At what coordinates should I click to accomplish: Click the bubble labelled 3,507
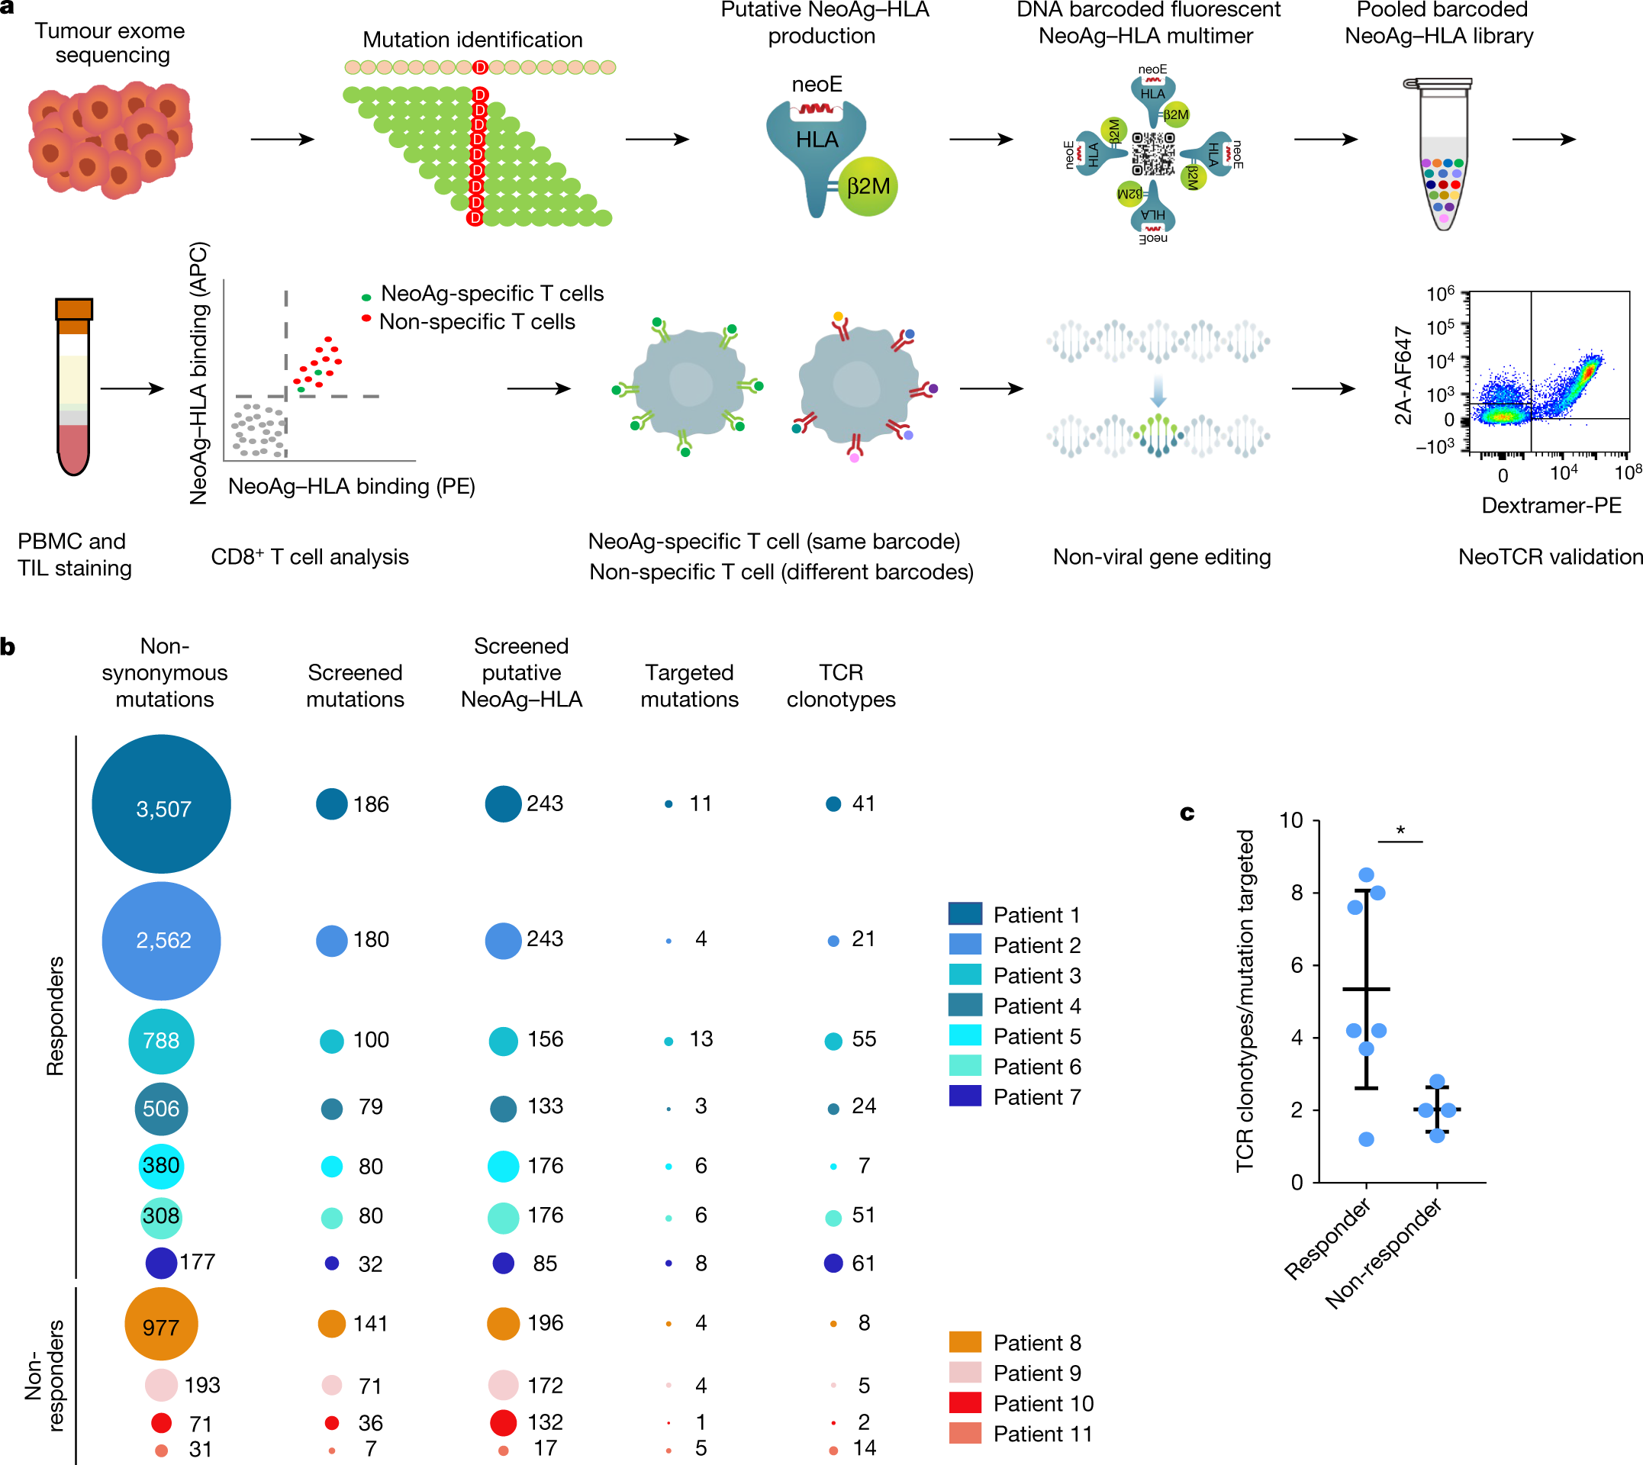[161, 804]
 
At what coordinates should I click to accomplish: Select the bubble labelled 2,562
[161, 941]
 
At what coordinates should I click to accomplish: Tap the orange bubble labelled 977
[161, 1324]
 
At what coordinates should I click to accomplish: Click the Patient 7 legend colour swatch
[965, 1096]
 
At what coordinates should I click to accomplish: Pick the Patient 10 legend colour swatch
[965, 1403]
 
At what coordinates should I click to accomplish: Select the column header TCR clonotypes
[841, 686]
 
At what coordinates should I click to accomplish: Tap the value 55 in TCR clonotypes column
[864, 1039]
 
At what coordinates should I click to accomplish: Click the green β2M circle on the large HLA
[867, 187]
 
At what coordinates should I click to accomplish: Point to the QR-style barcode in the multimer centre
[1153, 153]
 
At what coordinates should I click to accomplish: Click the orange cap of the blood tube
[74, 314]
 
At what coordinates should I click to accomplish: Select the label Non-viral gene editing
[1161, 557]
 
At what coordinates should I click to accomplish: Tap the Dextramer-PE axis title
[1551, 506]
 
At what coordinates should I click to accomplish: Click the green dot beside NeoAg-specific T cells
[366, 297]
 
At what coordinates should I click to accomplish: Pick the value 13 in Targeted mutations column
[701, 1039]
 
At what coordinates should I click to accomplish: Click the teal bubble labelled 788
[161, 1041]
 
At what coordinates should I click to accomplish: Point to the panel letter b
[8, 646]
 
